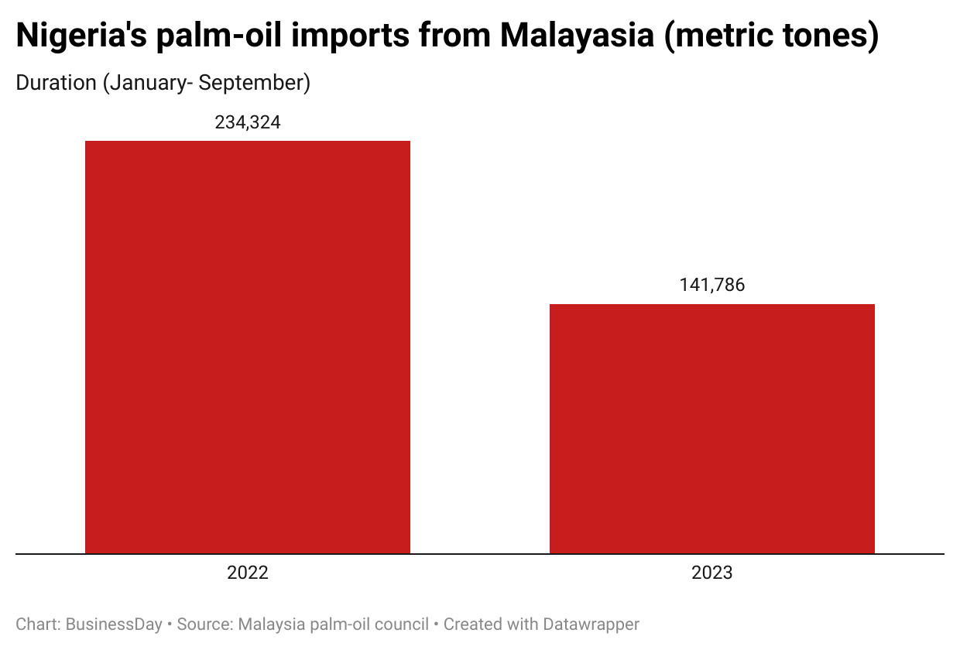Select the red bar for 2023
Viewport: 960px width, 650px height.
712,429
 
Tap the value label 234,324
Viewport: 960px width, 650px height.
248,122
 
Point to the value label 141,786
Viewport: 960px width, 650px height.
712,285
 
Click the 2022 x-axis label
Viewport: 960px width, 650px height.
248,573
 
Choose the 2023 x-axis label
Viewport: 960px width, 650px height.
712,573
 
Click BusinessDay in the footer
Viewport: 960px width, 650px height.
114,624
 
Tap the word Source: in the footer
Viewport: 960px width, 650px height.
205,624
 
